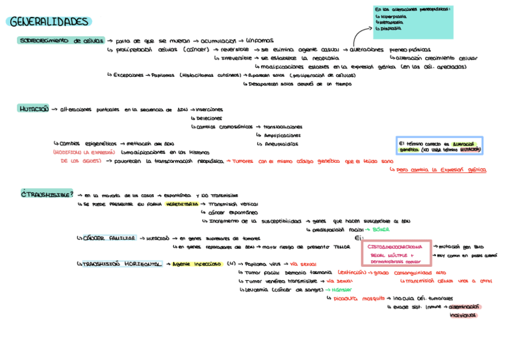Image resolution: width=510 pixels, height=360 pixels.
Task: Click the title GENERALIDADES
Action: click(x=49, y=22)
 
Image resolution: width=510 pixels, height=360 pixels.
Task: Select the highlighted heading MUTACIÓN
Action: click(x=33, y=109)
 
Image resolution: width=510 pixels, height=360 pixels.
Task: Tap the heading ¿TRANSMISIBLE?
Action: click(x=47, y=194)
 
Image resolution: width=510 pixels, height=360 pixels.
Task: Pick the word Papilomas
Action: click(x=163, y=75)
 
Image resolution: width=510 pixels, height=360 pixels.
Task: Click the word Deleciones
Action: click(x=209, y=118)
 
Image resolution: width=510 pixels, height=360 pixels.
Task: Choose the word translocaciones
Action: click(x=283, y=127)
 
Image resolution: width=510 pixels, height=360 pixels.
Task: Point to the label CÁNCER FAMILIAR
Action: click(x=109, y=238)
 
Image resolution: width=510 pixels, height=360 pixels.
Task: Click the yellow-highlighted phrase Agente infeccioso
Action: click(x=196, y=264)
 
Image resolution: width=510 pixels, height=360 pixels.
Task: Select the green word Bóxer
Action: click(x=381, y=230)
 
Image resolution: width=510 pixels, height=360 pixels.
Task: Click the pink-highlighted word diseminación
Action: click(x=464, y=307)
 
